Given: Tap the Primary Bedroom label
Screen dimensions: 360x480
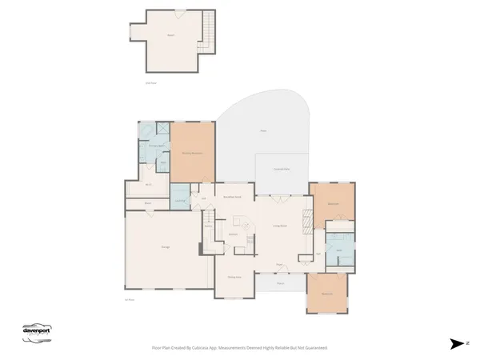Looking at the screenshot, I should [191, 153].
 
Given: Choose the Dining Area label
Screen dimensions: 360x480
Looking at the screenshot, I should [234, 277].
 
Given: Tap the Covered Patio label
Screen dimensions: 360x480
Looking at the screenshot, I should [282, 170].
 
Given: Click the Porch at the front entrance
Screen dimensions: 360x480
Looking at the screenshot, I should [281, 283].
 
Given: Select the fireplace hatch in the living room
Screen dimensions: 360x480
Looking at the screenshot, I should [305, 258].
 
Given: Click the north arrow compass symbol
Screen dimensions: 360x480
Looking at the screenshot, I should [457, 343].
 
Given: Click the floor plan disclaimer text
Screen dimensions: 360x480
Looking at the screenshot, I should [240, 348].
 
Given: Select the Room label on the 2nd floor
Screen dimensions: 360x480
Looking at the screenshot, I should [170, 36].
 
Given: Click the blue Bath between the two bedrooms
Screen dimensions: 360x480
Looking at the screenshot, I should [339, 250].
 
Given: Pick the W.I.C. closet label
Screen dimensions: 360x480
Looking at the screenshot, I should [149, 186].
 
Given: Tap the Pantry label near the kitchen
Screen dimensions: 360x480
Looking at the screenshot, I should [208, 226].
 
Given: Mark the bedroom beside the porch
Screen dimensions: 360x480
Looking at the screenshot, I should [327, 294].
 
